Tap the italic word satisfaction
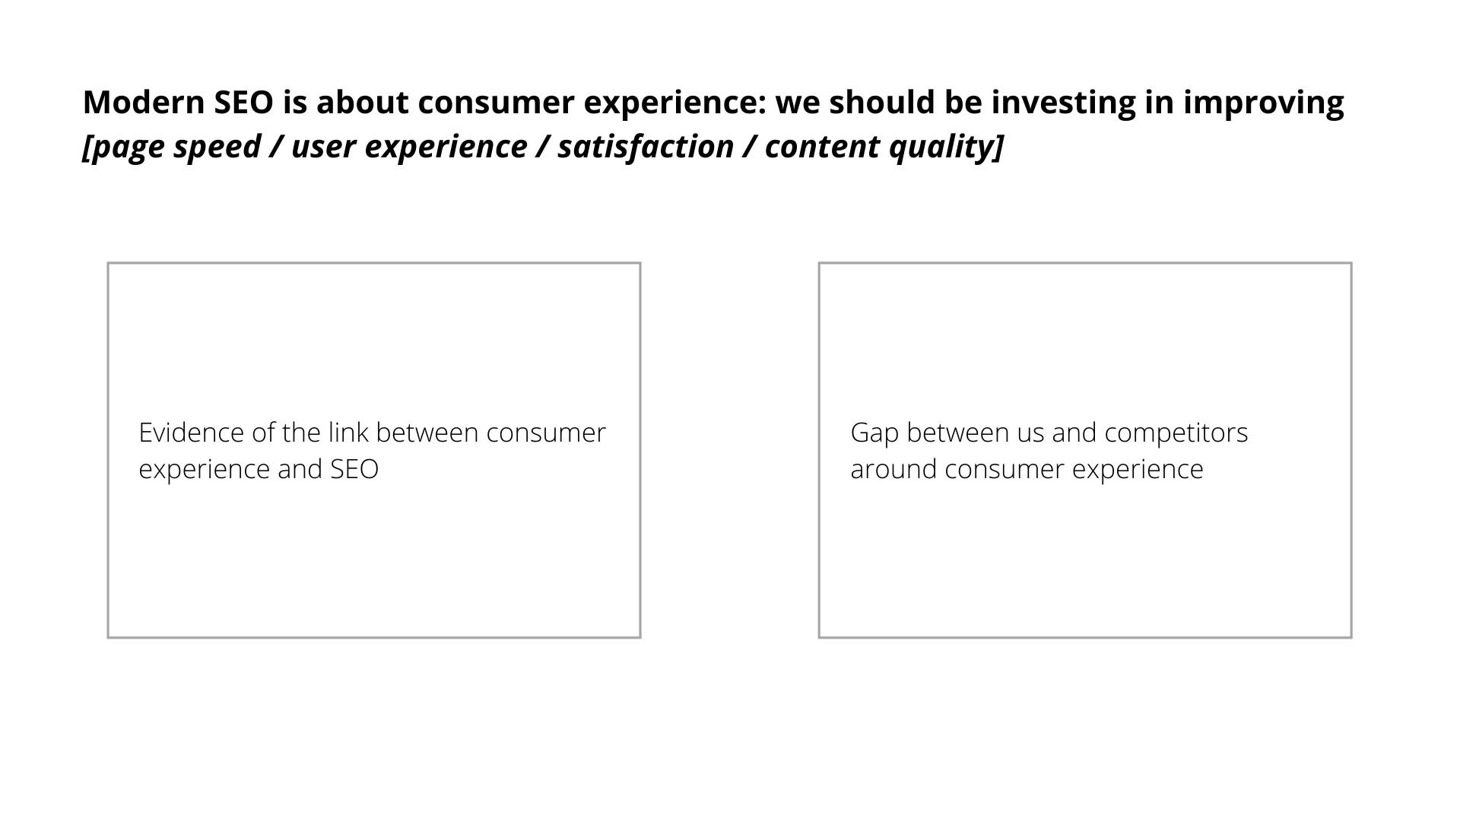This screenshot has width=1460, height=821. point(645,146)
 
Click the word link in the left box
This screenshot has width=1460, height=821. point(349,433)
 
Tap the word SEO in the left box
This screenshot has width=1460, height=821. point(354,469)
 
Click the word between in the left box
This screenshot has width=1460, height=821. point(427,433)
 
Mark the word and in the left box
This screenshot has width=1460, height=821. point(300,469)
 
